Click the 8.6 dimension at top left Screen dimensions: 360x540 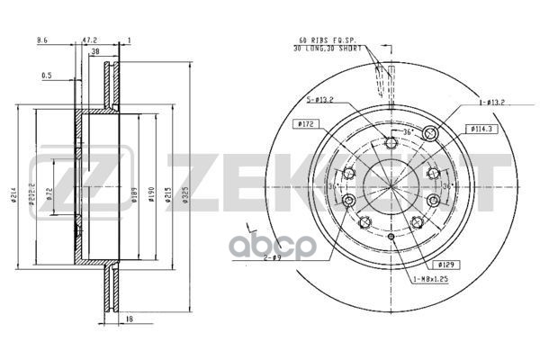42,40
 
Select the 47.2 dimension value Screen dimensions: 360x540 89,40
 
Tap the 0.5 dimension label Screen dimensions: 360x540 47,76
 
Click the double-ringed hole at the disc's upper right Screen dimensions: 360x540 430,133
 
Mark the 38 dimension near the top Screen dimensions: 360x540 94,52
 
